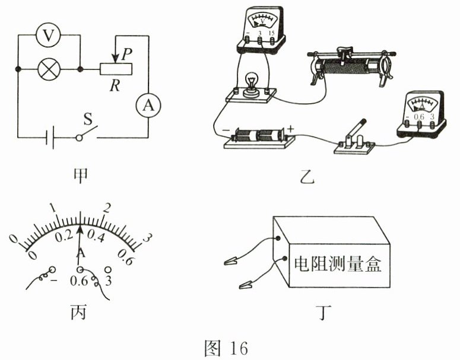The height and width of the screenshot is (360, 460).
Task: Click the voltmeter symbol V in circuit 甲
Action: (49, 35)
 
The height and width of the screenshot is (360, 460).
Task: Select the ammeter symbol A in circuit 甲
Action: (148, 105)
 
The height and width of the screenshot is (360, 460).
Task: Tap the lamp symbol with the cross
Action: (49, 69)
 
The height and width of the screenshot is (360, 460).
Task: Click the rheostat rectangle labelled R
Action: (116, 69)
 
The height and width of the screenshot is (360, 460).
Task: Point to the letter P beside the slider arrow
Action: (127, 55)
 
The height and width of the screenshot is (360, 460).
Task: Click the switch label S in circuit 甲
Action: (88, 119)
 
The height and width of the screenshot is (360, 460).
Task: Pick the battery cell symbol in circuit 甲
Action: (50, 137)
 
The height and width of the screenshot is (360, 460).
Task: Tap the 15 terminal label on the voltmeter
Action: (271, 33)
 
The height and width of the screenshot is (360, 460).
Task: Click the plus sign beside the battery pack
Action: (290, 129)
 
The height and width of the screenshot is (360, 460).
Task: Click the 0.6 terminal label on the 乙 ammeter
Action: (418, 116)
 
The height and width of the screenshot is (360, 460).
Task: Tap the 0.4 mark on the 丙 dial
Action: (96, 235)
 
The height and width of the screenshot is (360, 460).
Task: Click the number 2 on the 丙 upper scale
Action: (106, 208)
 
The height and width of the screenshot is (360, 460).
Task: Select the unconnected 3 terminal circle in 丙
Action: (108, 269)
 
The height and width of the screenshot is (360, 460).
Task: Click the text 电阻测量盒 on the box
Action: (338, 264)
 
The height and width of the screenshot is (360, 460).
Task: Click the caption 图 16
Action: (226, 348)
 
